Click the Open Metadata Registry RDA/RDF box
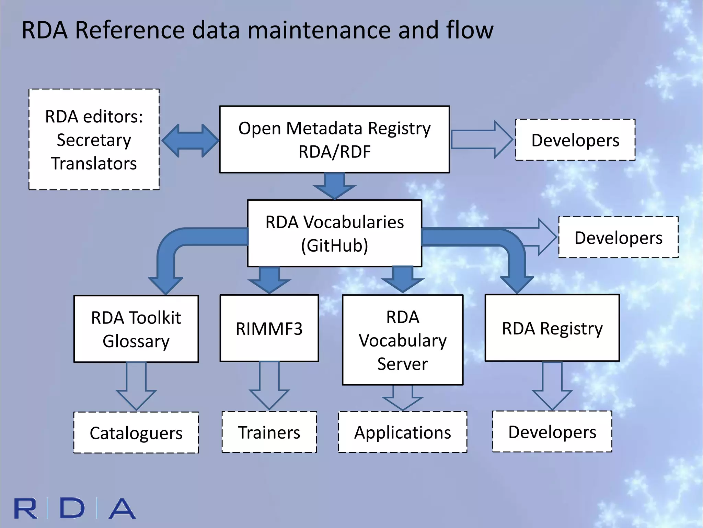click(x=334, y=139)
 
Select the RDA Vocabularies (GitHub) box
click(x=334, y=233)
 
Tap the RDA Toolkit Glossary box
click(x=136, y=329)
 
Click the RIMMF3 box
click(x=269, y=328)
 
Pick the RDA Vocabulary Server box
click(x=403, y=340)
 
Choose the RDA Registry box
click(x=552, y=328)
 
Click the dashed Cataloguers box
click(x=136, y=432)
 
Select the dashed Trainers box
click(x=269, y=432)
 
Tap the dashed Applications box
click(x=403, y=432)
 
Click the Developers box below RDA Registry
click(x=552, y=431)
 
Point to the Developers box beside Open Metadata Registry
click(x=575, y=140)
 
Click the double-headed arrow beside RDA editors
click(x=190, y=141)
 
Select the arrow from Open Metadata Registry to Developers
click(x=481, y=140)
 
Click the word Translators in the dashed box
click(x=94, y=163)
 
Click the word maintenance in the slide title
click(x=320, y=30)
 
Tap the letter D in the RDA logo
click(x=72, y=508)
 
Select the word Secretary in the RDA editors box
click(x=94, y=140)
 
